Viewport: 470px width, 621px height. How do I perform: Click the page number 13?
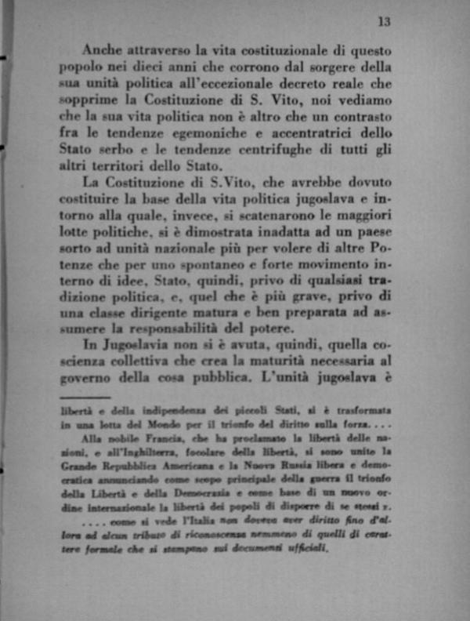pyautogui.click(x=384, y=21)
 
